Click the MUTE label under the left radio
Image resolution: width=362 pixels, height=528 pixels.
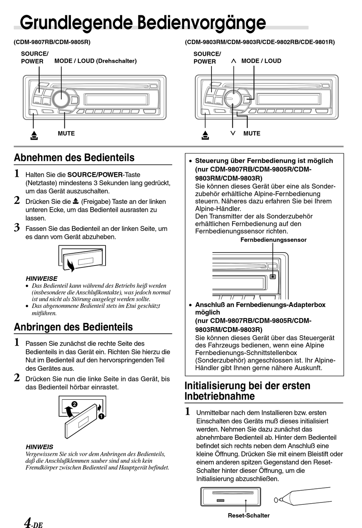click(66, 133)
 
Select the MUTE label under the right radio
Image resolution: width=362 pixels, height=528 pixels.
click(252, 133)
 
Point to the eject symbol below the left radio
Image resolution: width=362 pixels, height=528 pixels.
click(34, 135)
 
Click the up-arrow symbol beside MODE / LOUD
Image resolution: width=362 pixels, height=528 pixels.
click(234, 61)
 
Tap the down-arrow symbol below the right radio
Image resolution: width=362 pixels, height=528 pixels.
click(233, 133)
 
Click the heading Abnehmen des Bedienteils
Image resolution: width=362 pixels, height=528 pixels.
click(74, 158)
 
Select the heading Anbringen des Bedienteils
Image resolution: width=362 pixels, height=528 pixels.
click(74, 327)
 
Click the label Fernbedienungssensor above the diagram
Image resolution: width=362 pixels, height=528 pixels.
click(273, 240)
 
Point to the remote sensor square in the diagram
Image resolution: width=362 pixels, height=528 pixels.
click(272, 277)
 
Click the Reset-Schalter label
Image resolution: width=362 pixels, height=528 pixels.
click(248, 515)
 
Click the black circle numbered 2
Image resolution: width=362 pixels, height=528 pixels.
click(75, 404)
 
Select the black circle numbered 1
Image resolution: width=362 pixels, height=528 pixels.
click(101, 416)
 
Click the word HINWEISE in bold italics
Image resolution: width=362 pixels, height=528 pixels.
click(42, 278)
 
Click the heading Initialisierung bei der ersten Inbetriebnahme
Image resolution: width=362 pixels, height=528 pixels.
click(247, 391)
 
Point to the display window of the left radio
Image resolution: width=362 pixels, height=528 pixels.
click(117, 99)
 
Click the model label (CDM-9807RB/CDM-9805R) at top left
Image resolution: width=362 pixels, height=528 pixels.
click(52, 42)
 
